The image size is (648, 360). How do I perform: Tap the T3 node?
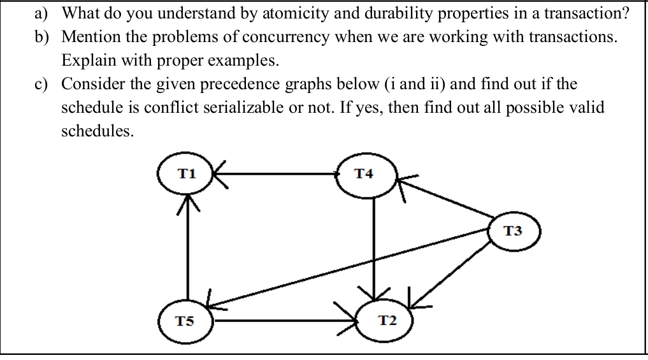click(x=516, y=231)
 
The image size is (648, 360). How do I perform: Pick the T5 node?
click(x=186, y=319)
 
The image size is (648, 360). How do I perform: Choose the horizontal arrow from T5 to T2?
click(x=287, y=320)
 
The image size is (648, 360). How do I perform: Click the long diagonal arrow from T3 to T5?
click(x=350, y=268)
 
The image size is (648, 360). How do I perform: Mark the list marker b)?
click(x=43, y=36)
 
